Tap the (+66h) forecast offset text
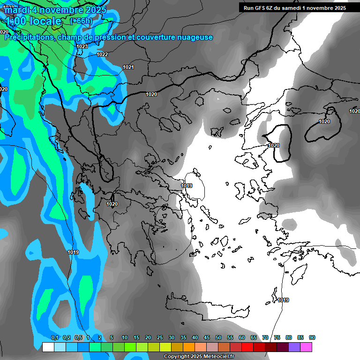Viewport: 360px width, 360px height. [x=81, y=21]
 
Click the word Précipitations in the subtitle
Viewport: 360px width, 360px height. [x=28, y=37]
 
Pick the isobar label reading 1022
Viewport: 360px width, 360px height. [x=102, y=54]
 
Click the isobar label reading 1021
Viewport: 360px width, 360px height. [x=128, y=67]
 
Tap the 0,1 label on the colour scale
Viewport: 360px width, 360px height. [x=55, y=338]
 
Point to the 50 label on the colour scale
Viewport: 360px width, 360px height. [x=218, y=338]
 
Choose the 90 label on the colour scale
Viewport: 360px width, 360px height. [x=312, y=338]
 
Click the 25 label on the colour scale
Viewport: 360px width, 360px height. [x=160, y=338]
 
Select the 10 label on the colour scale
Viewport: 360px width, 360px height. [x=125, y=338]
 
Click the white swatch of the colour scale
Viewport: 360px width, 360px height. [x=48, y=347]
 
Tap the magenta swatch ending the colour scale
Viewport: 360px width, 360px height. [x=306, y=347]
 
